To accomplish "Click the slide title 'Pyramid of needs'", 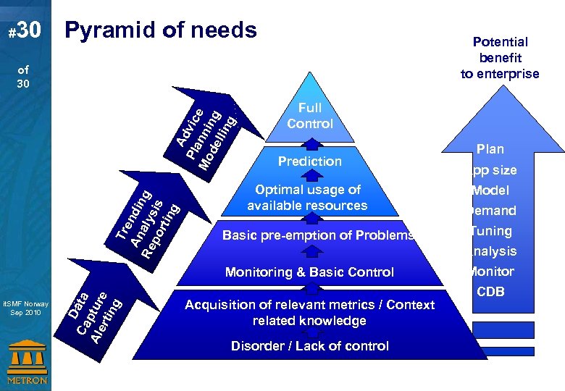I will (160, 30).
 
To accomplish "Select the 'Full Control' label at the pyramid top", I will (310, 116).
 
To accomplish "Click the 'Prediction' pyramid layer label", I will (310, 161).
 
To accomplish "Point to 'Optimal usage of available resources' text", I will (307, 198).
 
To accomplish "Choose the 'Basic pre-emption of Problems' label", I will (318, 235).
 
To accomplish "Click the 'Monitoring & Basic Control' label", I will (309, 272).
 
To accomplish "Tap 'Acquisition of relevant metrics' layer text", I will (309, 313).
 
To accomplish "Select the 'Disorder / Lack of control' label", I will (309, 346).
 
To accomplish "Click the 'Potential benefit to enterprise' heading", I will (500, 58).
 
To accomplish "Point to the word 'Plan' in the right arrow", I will (490, 149).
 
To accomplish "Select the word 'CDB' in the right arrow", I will (490, 292).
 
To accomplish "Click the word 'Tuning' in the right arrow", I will (491, 231).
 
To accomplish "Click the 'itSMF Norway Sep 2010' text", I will (25, 308).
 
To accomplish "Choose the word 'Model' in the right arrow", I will (491, 190).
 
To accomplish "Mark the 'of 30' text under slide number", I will (24, 77).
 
